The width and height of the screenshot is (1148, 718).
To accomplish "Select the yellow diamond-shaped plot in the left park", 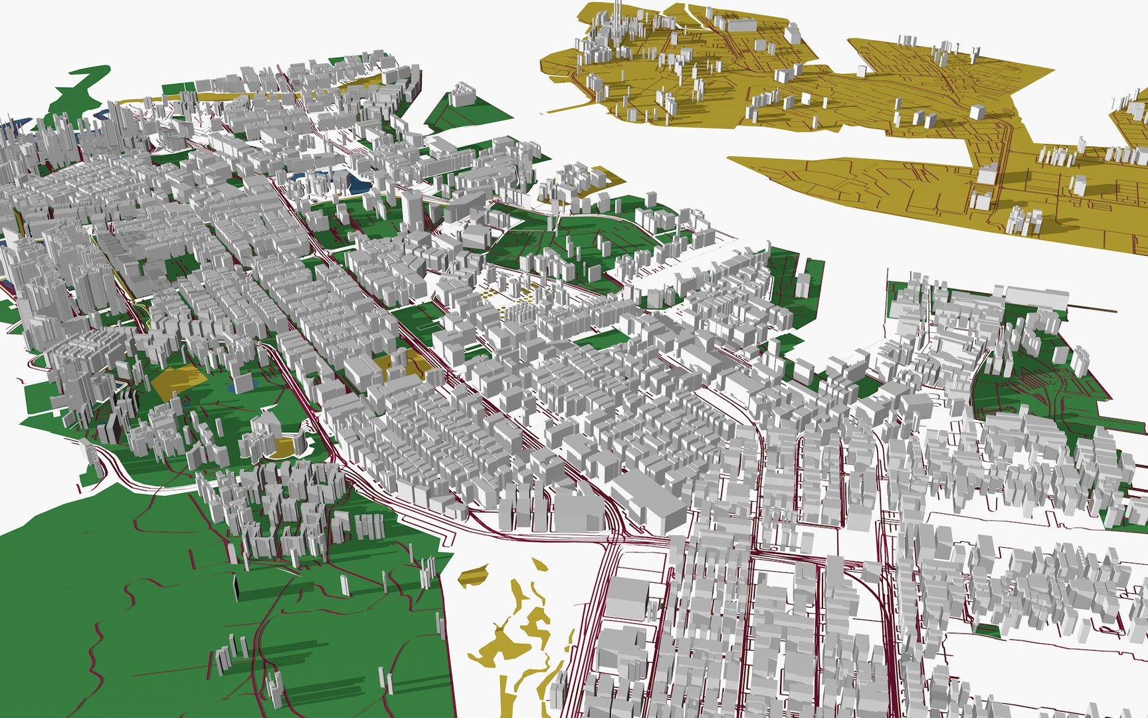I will [178, 382].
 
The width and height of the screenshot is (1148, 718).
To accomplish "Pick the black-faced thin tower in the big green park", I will [236, 588].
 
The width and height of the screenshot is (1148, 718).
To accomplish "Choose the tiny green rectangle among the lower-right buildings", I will [988, 629].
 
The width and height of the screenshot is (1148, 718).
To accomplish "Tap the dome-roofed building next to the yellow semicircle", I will [262, 435].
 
